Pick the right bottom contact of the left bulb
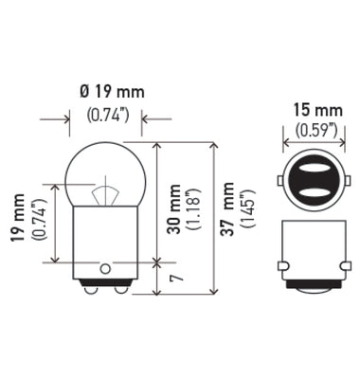point(117,290)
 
